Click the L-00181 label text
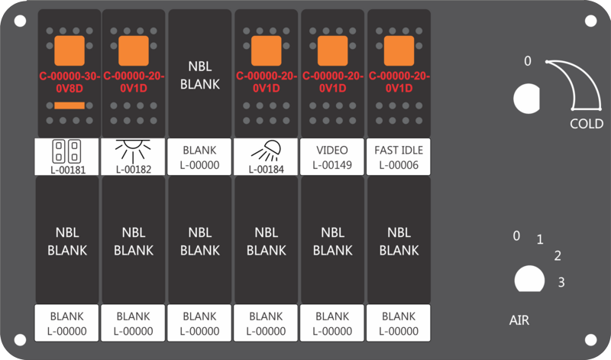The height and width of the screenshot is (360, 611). tap(68, 170)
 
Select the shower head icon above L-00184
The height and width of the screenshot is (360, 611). tap(266, 151)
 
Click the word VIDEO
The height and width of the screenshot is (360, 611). tap(332, 150)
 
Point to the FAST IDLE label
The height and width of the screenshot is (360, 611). tap(399, 150)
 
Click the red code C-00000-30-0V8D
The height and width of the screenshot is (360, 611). tap(70, 83)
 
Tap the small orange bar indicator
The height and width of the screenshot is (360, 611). tap(70, 105)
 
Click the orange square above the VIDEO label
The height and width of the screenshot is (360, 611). tap(333, 50)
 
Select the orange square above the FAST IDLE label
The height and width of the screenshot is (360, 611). tap(399, 50)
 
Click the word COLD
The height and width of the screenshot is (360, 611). tap(587, 124)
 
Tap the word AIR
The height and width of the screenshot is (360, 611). tap(519, 320)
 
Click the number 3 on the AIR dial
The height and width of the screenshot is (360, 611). tap(561, 282)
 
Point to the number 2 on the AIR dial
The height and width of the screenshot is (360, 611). tap(558, 256)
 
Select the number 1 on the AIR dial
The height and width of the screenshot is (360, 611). tap(540, 239)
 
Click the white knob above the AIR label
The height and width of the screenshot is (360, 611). tap(529, 279)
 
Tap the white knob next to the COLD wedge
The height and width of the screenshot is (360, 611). tap(526, 99)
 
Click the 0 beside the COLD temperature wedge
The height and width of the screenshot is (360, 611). tap(528, 61)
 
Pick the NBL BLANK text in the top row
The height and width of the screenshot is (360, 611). tap(200, 75)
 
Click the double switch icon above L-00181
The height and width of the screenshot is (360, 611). tap(66, 151)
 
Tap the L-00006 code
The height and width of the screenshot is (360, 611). tap(399, 165)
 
